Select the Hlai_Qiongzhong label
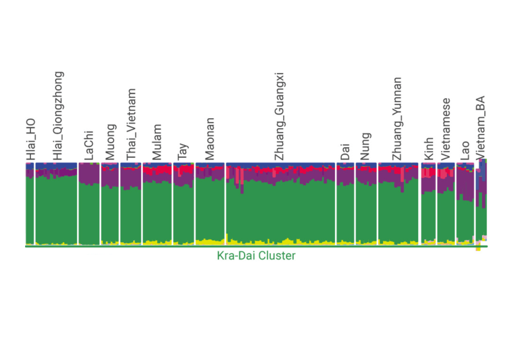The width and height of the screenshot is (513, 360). [x=58, y=116]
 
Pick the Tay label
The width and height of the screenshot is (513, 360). [x=183, y=151]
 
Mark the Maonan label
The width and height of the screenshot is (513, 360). [x=209, y=139]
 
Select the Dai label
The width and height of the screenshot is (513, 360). [x=345, y=153]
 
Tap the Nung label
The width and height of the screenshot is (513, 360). [x=365, y=146]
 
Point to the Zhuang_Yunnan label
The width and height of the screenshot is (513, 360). [x=396, y=119]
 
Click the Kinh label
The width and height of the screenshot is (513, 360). [x=428, y=149]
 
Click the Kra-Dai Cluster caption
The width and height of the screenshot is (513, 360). [x=256, y=256]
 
